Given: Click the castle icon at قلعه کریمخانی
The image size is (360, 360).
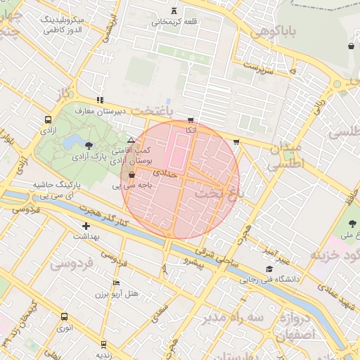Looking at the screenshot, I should (x=174, y=11).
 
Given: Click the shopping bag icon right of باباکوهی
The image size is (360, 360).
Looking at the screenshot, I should (x=350, y=46).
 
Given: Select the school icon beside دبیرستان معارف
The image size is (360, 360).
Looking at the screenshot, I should (x=101, y=100).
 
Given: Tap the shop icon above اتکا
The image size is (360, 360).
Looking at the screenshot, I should (x=191, y=120).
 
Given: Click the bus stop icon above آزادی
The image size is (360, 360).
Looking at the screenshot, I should (x=48, y=120).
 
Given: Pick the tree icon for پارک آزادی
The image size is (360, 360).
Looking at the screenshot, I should (x=89, y=146).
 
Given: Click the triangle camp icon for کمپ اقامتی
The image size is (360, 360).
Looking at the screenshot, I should (x=131, y=141).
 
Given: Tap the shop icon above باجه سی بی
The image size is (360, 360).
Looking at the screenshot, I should (x=131, y=175).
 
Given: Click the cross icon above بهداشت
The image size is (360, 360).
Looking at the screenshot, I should (x=86, y=226).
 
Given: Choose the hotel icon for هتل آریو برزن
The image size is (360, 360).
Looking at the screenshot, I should (x=117, y=283).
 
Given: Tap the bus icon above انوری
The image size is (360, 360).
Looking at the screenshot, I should (x=64, y=316).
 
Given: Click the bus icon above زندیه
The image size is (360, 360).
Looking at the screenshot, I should (x=104, y=344).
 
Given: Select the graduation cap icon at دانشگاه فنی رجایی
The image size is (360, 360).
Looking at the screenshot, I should (x=269, y=269).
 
